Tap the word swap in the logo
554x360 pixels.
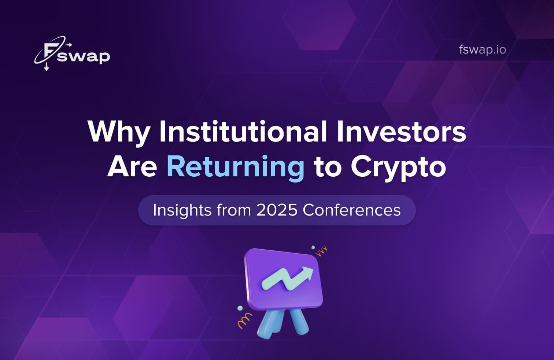(84, 57)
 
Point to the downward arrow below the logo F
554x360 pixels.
(47, 67)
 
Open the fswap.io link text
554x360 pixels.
(482, 49)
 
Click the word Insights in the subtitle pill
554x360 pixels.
(182, 210)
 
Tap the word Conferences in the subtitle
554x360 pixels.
(352, 210)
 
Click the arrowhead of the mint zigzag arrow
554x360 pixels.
(308, 273)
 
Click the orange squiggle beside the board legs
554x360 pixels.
(244, 320)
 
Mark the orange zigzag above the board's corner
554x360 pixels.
(322, 251)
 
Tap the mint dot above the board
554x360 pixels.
(313, 247)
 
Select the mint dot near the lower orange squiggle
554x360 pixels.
(240, 308)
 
